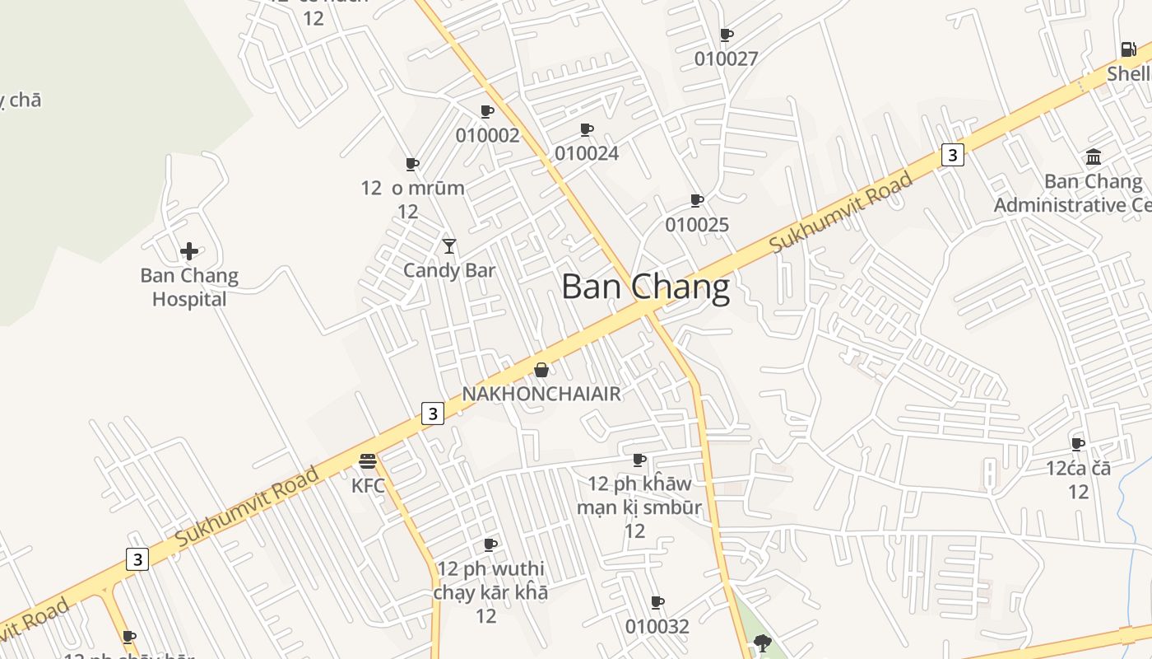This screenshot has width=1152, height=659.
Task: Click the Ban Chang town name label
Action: [x=645, y=287]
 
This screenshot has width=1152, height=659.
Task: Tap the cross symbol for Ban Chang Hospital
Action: [x=189, y=251]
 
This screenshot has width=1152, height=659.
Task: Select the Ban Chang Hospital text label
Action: [x=189, y=287]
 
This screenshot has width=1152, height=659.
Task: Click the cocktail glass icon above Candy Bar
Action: [x=448, y=246]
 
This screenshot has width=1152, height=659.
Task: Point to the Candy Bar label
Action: [x=448, y=270]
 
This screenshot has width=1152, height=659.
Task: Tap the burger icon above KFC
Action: [x=368, y=460]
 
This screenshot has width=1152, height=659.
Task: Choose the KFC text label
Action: [x=368, y=485]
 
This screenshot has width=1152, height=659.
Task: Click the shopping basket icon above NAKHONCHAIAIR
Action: [x=541, y=370]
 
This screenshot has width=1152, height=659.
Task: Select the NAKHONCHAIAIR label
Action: [x=541, y=394]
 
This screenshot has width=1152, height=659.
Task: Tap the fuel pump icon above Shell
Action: [x=1128, y=49]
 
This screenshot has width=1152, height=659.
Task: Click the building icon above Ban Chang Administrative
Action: [x=1094, y=157]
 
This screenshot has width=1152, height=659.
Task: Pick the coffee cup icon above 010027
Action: [x=726, y=35]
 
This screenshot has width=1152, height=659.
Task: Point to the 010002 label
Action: [x=487, y=135]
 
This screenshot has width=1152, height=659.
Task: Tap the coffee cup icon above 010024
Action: [x=587, y=129]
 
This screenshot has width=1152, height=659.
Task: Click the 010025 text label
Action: [x=697, y=225]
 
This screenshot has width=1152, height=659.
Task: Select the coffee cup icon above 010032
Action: [x=657, y=602]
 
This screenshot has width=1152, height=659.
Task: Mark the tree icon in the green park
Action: [x=762, y=642]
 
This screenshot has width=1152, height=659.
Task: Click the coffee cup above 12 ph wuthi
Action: [x=490, y=544]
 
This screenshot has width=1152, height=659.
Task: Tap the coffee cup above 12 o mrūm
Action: [x=412, y=164]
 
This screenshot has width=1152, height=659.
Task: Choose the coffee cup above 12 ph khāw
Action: [x=639, y=460]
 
